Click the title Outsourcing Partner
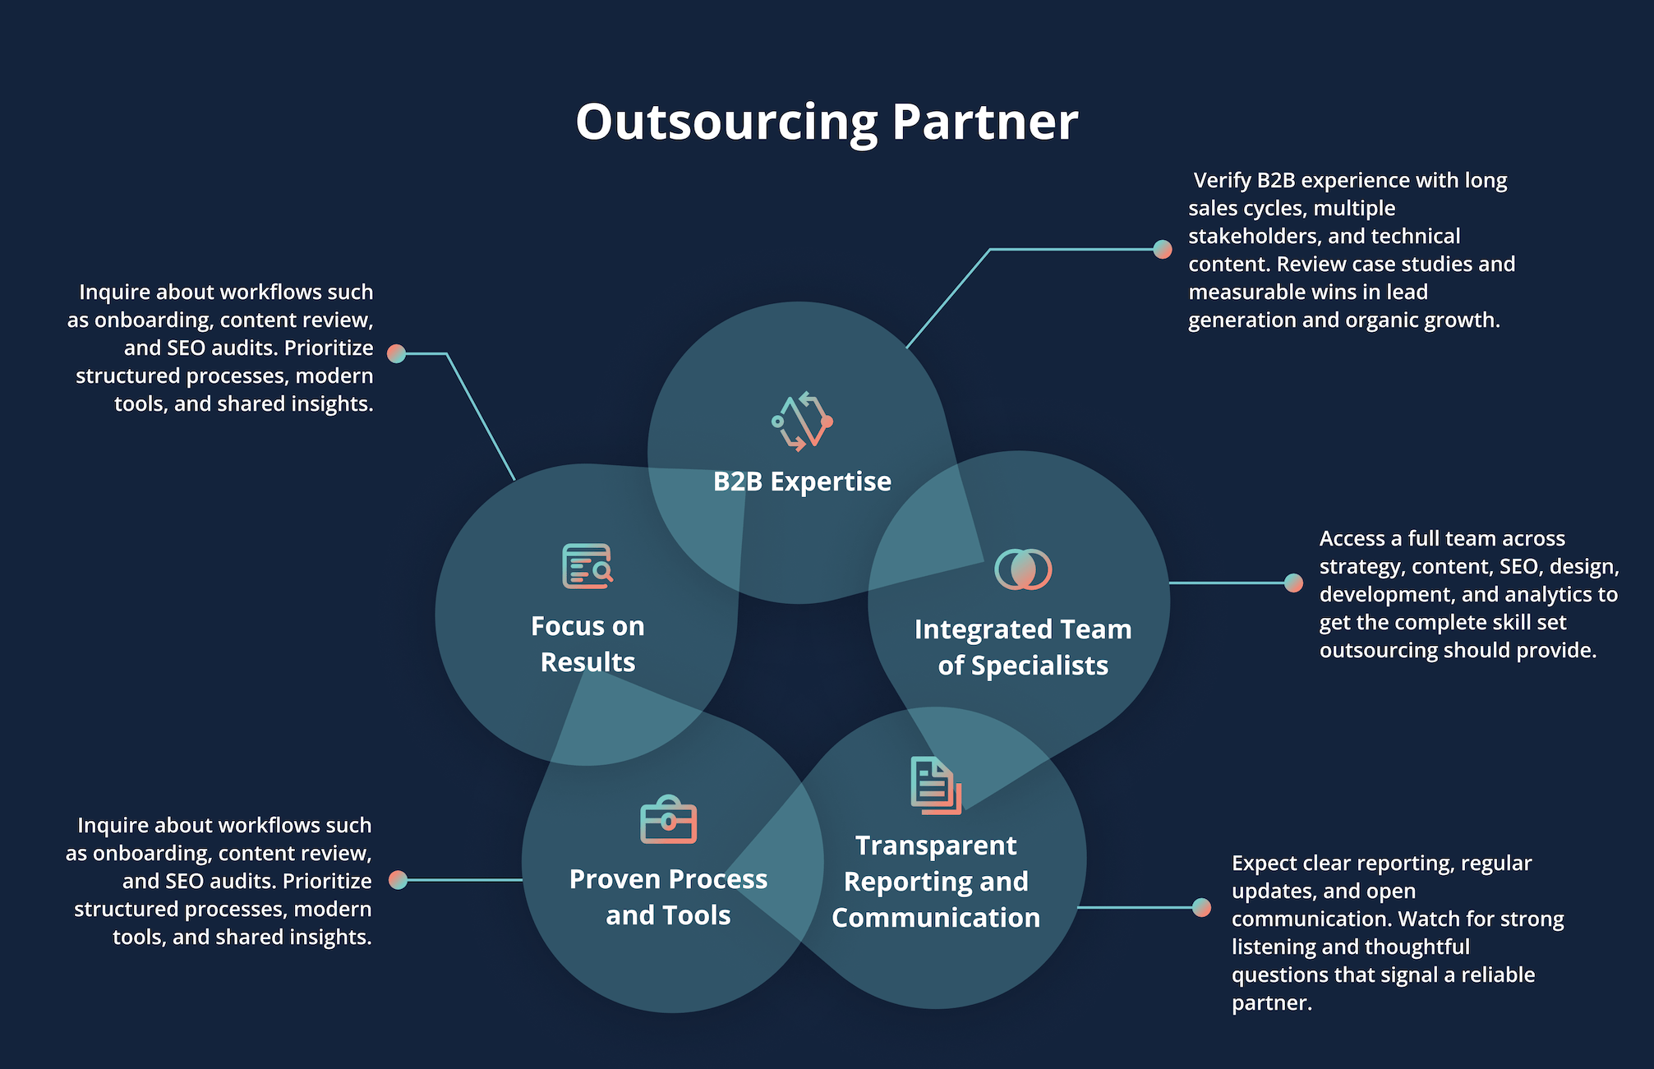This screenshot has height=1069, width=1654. (x=827, y=122)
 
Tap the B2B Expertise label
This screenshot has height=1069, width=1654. (x=802, y=482)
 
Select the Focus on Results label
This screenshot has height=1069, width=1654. (x=587, y=644)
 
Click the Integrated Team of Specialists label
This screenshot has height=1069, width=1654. (x=1023, y=647)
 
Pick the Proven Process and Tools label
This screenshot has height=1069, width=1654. (x=668, y=897)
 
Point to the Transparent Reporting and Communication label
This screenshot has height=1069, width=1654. (x=936, y=882)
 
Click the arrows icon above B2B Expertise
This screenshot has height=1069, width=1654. (x=802, y=421)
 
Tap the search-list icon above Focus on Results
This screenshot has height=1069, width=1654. (x=587, y=566)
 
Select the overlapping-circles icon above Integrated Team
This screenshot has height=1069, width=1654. (x=1023, y=569)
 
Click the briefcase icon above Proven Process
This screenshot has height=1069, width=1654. (x=668, y=820)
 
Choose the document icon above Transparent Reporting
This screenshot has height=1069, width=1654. (x=936, y=786)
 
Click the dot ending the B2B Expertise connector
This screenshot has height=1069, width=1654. (x=1163, y=249)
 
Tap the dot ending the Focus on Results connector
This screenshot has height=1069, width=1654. (x=397, y=353)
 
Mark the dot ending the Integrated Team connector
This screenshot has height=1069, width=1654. (x=1294, y=583)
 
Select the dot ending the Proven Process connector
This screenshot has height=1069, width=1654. (x=399, y=880)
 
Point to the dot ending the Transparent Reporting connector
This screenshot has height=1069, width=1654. (x=1202, y=907)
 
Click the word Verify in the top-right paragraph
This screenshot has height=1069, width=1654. (x=1222, y=181)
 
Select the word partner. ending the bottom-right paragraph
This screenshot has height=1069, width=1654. (x=1271, y=1003)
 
